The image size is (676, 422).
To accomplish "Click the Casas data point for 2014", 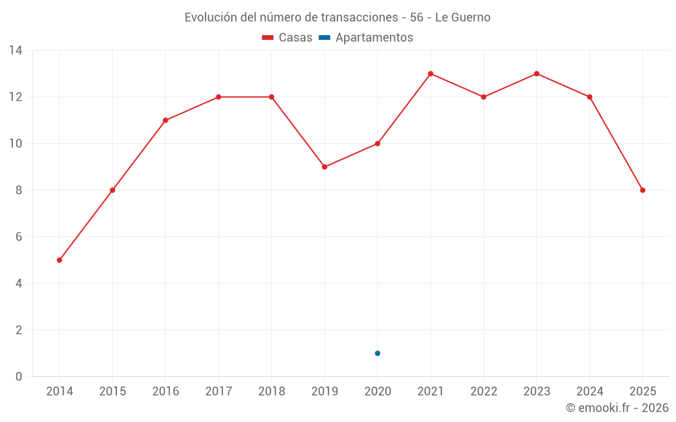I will [x=59, y=260].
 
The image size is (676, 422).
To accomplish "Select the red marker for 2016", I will [x=166, y=120].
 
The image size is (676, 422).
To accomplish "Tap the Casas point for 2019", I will [x=324, y=167].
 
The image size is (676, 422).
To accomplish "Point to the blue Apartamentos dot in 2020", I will [x=377, y=353].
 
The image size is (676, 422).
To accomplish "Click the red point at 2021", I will [x=431, y=74].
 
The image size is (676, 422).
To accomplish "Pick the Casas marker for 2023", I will [x=537, y=74].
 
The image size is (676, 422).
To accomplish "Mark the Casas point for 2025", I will [x=642, y=190].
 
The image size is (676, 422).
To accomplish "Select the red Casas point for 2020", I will [x=377, y=144].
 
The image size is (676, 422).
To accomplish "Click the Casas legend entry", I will [x=287, y=38].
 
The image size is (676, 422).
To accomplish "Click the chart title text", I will [x=337, y=17].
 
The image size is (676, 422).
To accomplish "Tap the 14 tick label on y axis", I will [x=16, y=51].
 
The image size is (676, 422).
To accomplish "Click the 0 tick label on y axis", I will [x=19, y=377].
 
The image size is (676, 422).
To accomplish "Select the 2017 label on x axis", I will [x=218, y=392].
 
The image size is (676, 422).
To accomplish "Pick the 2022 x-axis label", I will [x=483, y=392].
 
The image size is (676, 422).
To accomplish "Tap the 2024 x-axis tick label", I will [x=589, y=392].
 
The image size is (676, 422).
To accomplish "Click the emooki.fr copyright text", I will [x=617, y=408].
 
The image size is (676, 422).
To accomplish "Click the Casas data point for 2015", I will [x=112, y=190].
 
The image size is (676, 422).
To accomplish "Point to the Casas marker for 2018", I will [x=272, y=97].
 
